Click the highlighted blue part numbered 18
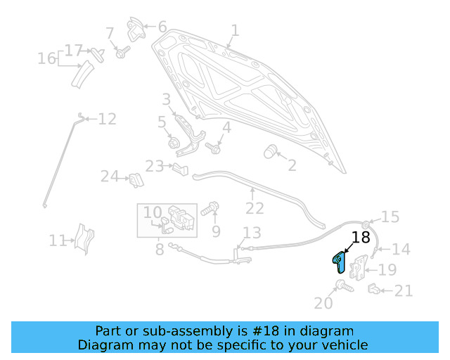[338, 261]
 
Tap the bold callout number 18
[360, 238]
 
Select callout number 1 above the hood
[235, 30]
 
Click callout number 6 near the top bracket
[162, 27]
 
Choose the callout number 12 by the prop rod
[107, 119]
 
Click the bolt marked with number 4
[213, 148]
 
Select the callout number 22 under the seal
[255, 208]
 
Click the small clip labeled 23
[181, 168]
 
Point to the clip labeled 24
[136, 180]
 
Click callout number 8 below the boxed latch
[160, 248]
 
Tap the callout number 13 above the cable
[252, 233]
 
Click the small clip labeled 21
[375, 288]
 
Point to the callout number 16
[46, 58]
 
